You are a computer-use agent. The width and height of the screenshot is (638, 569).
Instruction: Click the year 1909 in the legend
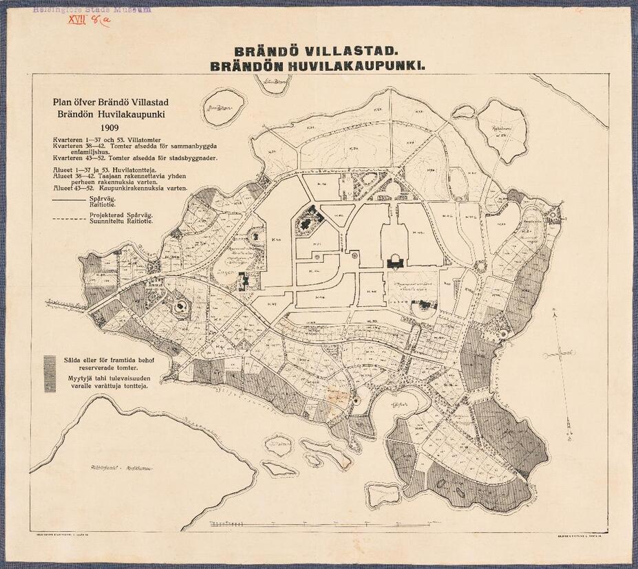109,127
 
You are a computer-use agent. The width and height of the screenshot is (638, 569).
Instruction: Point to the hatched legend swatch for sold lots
49,372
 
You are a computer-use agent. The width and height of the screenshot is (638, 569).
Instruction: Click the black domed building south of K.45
395,261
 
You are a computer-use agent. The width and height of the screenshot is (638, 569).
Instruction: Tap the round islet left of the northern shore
225,108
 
